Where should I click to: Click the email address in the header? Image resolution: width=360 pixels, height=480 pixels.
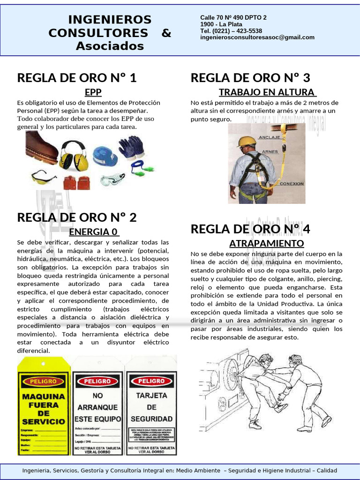pos(257,37)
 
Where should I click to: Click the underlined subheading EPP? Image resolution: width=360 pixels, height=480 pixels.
pos(93,91)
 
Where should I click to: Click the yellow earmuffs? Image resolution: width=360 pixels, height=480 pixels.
pos(74,156)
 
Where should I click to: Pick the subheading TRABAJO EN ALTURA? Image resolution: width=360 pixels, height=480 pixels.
pos(267,91)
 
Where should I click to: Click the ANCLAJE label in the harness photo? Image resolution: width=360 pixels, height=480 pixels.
pos(270,137)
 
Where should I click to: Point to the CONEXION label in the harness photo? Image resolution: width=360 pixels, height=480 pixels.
pos(292,184)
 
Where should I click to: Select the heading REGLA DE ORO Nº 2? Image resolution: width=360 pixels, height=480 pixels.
pos(77,217)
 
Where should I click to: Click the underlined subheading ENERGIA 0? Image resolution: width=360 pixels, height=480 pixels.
pos(94,232)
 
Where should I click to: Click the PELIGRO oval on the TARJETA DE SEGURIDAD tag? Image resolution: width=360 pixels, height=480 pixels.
pos(151,381)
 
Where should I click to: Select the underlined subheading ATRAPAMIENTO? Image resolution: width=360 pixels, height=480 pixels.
pos(266,243)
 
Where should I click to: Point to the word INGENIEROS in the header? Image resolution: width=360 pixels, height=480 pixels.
pos(110,20)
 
